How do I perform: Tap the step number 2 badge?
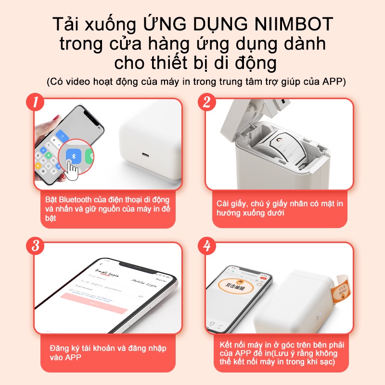point(207,102)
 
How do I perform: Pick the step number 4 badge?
point(207,246)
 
